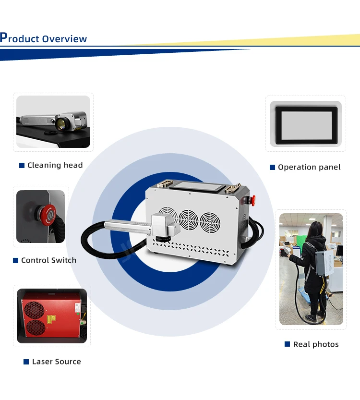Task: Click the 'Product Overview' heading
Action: pyautogui.click(x=44, y=38)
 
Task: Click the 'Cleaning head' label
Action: pyautogui.click(x=55, y=165)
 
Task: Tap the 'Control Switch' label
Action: pyautogui.click(x=48, y=260)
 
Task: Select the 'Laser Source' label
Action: pyautogui.click(x=56, y=362)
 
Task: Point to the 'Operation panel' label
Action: pyautogui.click(x=309, y=167)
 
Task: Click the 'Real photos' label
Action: pyautogui.click(x=316, y=344)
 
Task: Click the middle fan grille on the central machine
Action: pyautogui.click(x=189, y=220)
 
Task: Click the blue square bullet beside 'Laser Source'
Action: pyautogui.click(x=26, y=362)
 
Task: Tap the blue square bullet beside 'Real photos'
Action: pyautogui.click(x=288, y=344)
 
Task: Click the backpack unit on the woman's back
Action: pyautogui.click(x=321, y=260)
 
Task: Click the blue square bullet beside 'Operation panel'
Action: pyautogui.click(x=272, y=167)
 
